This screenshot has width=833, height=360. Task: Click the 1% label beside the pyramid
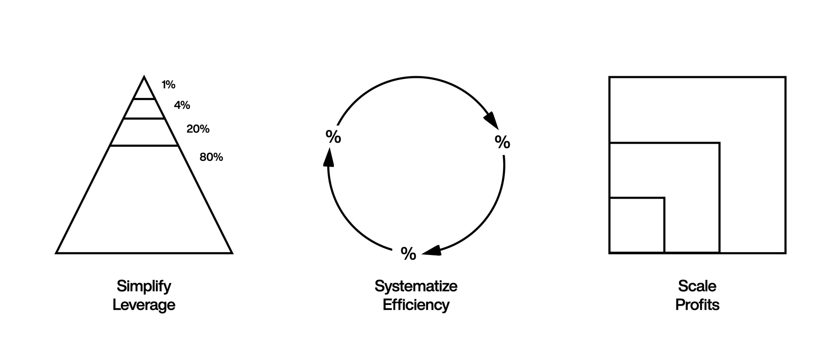point(169,85)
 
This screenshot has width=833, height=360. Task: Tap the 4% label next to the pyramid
point(182,105)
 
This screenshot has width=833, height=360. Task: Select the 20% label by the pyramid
point(198,129)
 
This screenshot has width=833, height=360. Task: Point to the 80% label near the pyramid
point(211,157)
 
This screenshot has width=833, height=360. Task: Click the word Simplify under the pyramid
point(144,286)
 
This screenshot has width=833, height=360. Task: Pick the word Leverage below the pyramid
point(144,305)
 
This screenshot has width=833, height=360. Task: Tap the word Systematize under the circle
point(416,286)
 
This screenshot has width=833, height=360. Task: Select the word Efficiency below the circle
point(416,305)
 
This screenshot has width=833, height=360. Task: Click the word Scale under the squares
point(697,286)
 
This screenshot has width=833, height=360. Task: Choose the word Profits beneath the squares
point(697,305)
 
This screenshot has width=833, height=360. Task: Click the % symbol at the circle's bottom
point(408,254)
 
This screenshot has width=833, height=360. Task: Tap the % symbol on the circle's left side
point(333,137)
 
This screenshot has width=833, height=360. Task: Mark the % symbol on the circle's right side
point(502,142)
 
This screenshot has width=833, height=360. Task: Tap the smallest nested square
point(636,225)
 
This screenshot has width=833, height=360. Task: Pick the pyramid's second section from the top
point(144,109)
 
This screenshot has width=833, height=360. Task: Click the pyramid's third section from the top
point(144,132)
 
